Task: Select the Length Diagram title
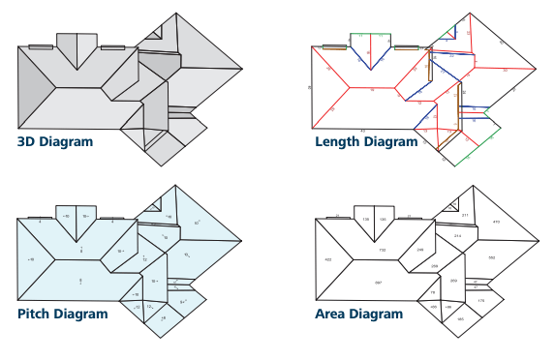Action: click(367, 142)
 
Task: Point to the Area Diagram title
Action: click(358, 315)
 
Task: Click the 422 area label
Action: click(328, 260)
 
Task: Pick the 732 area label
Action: click(381, 251)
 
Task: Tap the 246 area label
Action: click(419, 251)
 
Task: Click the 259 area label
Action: click(434, 265)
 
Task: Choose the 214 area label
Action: click(457, 235)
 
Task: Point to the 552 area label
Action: click(491, 257)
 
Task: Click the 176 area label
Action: click(481, 302)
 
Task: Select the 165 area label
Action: click(460, 318)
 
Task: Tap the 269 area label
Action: click(454, 280)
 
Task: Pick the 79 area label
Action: click(433, 292)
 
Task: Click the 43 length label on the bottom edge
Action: click(362, 130)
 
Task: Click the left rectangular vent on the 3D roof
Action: click(41, 45)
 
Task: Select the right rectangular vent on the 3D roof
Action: click(112, 45)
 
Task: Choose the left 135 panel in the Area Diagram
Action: click(366, 220)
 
